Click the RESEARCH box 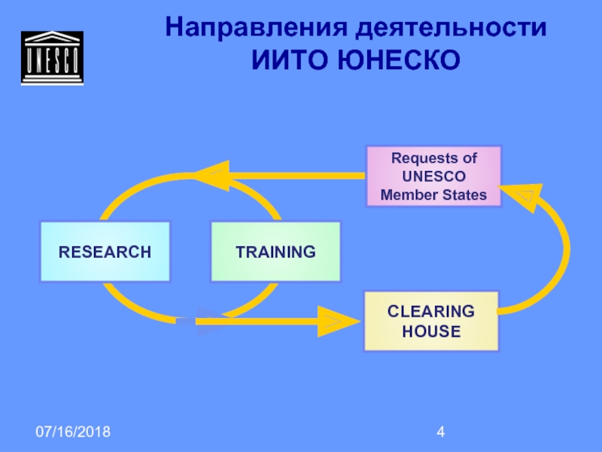[105, 252]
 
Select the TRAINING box [275, 252]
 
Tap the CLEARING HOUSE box [431, 321]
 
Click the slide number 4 [442, 432]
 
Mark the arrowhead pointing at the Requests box [518, 196]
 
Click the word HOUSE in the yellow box [431, 331]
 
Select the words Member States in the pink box [433, 195]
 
